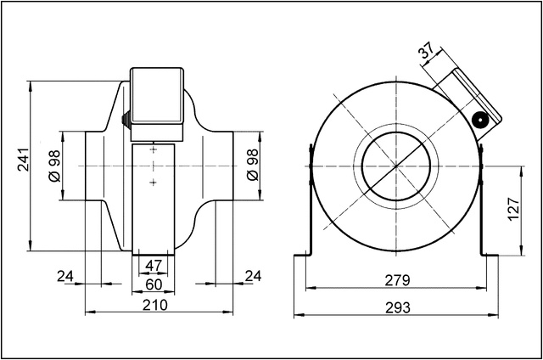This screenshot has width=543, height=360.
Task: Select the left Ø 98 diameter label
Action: (53, 166)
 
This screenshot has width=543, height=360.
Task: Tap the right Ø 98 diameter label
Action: (252, 166)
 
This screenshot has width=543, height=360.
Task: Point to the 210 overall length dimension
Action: (154, 304)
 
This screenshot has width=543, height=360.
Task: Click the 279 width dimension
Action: (395, 279)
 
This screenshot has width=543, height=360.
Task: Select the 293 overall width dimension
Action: (395, 307)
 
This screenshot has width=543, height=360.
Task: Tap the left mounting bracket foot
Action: (305, 254)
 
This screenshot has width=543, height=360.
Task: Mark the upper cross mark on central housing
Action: (154, 149)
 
